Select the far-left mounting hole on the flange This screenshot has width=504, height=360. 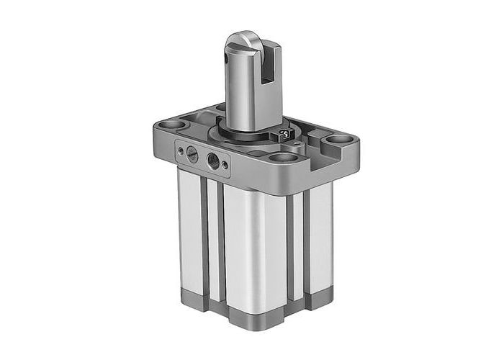(173, 125)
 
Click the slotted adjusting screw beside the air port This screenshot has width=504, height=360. (192, 153)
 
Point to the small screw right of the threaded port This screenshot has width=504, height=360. (226, 165)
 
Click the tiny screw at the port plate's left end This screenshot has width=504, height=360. (179, 150)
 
